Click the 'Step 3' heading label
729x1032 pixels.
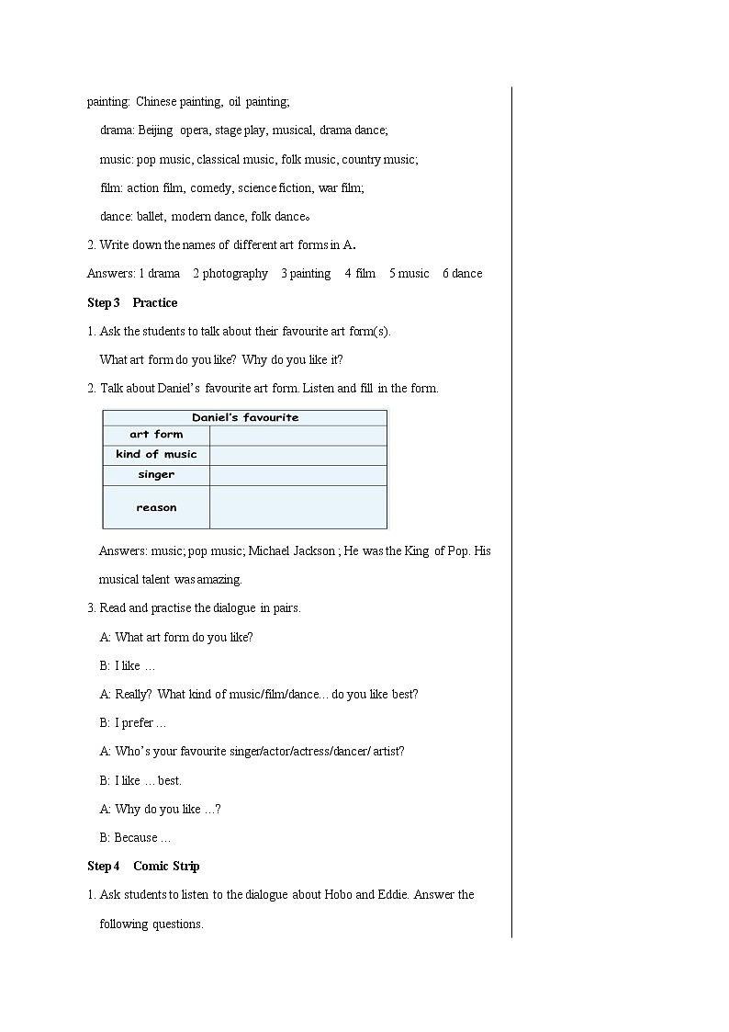tap(103, 302)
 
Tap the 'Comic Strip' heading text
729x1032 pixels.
tap(166, 866)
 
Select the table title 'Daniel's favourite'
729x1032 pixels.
tap(245, 417)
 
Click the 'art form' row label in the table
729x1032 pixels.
tap(156, 435)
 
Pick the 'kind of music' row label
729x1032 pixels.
tap(156, 455)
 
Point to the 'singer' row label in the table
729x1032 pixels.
tap(156, 475)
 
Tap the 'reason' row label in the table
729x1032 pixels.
tap(156, 507)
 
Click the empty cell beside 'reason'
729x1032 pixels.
tap(298, 507)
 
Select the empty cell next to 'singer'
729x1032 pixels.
tap(298, 475)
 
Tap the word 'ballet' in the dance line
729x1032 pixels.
tap(151, 216)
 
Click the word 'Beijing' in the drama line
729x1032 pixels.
tap(155, 130)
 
